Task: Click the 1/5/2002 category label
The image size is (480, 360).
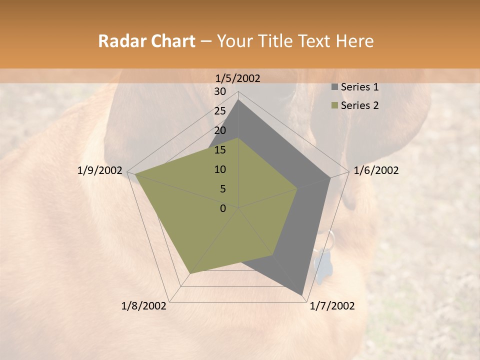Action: tap(237, 78)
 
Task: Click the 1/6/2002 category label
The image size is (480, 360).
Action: tap(376, 170)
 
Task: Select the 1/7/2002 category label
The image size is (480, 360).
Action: tap(332, 306)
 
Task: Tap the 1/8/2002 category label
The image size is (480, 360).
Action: tap(144, 306)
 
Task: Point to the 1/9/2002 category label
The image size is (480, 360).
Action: tap(99, 170)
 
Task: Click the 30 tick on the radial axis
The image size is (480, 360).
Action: tap(220, 91)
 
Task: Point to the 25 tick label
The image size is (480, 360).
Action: tap(220, 111)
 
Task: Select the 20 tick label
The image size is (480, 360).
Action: tap(220, 130)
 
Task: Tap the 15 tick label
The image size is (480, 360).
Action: tap(220, 150)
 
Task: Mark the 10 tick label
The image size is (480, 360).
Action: tap(220, 169)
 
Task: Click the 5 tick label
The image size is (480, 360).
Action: tap(223, 189)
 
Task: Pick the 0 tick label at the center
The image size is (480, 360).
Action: tap(223, 208)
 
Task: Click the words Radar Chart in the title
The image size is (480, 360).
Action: tap(146, 41)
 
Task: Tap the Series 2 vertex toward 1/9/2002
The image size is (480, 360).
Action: tap(135, 174)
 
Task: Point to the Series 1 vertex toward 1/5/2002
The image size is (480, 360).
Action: tap(238, 100)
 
